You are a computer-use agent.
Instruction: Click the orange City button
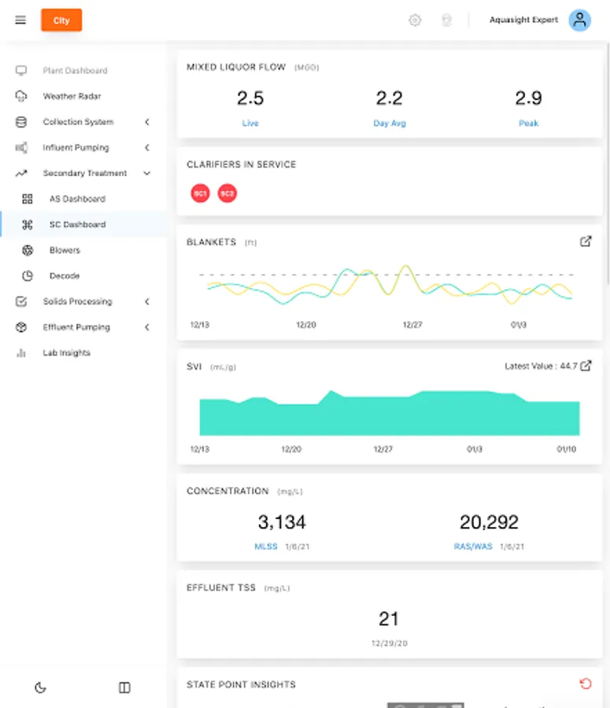pyautogui.click(x=61, y=20)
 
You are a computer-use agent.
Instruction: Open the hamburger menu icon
pyautogui.click(x=20, y=20)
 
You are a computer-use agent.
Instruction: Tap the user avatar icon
pyautogui.click(x=579, y=20)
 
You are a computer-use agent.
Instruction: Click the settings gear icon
pyautogui.click(x=415, y=20)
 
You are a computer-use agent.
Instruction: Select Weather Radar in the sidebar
pyautogui.click(x=72, y=96)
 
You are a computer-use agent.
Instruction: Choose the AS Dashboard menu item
pyautogui.click(x=77, y=199)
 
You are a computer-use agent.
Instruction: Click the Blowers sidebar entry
pyautogui.click(x=65, y=250)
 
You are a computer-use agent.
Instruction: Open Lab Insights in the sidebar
pyautogui.click(x=66, y=353)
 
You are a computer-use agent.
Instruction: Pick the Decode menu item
pyautogui.click(x=65, y=276)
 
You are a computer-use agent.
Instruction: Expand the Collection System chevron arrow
pyautogui.click(x=147, y=122)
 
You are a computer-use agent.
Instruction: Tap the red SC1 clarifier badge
pyautogui.click(x=200, y=194)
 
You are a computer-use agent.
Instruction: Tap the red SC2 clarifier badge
pyautogui.click(x=227, y=194)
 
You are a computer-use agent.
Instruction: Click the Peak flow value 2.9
pyautogui.click(x=528, y=98)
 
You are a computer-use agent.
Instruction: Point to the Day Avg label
pyautogui.click(x=390, y=124)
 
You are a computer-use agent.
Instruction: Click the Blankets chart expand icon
pyautogui.click(x=586, y=242)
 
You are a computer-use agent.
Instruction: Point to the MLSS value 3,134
pyautogui.click(x=282, y=522)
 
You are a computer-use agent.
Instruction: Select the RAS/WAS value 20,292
pyautogui.click(x=489, y=522)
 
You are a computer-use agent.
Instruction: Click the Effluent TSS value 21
pyautogui.click(x=389, y=619)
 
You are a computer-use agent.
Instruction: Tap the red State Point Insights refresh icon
pyautogui.click(x=586, y=684)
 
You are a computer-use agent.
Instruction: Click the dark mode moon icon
pyautogui.click(x=41, y=688)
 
